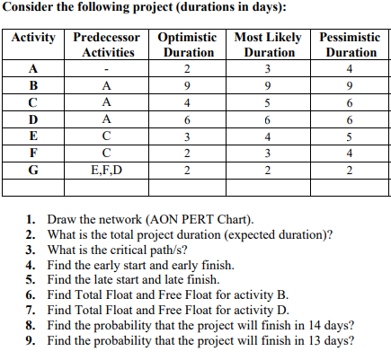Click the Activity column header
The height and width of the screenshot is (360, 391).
(33, 40)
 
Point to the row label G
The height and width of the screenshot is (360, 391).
(33, 170)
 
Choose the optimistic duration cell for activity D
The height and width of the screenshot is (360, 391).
(185, 120)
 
